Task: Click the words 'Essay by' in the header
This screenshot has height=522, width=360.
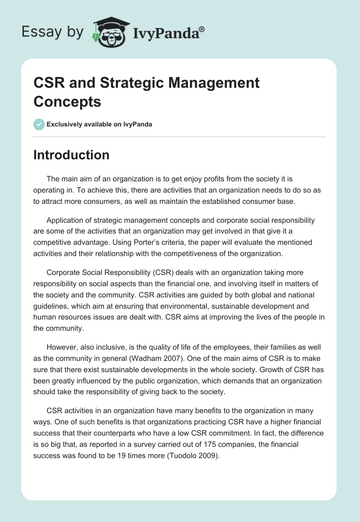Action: [53, 32]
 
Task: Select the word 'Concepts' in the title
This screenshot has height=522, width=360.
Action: [67, 101]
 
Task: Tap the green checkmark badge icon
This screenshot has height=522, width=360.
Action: [39, 124]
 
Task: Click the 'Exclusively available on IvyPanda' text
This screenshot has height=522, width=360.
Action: [99, 124]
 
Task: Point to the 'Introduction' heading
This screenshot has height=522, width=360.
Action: [72, 155]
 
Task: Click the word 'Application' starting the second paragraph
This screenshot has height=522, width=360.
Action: [66, 220]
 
